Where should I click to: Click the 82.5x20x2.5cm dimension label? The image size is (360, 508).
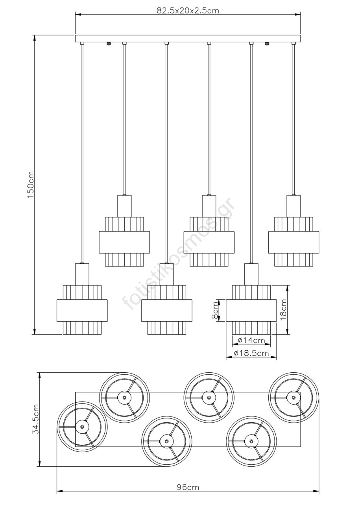click(188, 11)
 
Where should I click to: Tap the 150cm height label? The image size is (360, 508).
click(31, 185)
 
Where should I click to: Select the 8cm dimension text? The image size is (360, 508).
click(215, 311)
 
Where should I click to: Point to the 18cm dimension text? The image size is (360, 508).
click(283, 309)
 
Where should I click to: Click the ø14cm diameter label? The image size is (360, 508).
click(251, 340)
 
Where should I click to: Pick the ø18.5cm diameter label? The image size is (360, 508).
click(251, 353)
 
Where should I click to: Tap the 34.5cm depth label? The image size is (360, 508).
click(36, 419)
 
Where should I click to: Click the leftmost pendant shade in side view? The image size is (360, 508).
click(82, 309)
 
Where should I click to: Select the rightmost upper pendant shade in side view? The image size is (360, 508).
click(294, 242)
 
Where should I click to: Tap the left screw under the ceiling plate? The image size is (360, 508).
click(109, 44)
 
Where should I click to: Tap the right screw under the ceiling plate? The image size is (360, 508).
click(267, 44)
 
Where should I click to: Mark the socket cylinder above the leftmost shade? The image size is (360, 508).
click(82, 274)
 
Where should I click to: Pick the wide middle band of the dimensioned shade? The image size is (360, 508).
click(251, 311)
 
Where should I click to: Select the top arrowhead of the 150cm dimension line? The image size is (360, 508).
click(34, 38)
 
